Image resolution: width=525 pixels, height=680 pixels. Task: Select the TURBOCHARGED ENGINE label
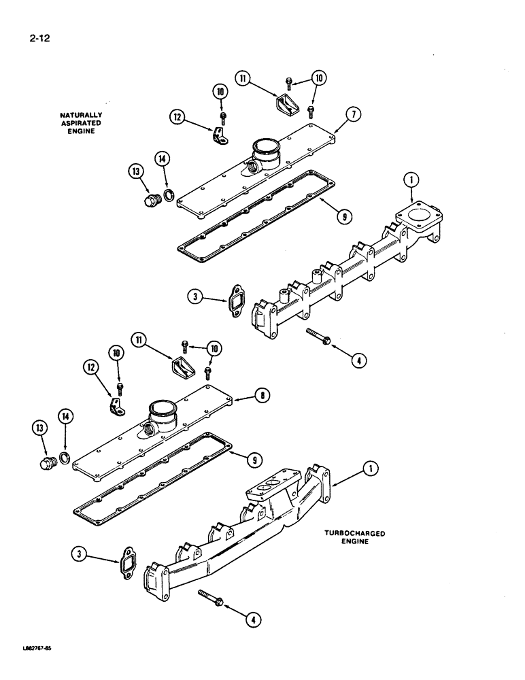[355, 538]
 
